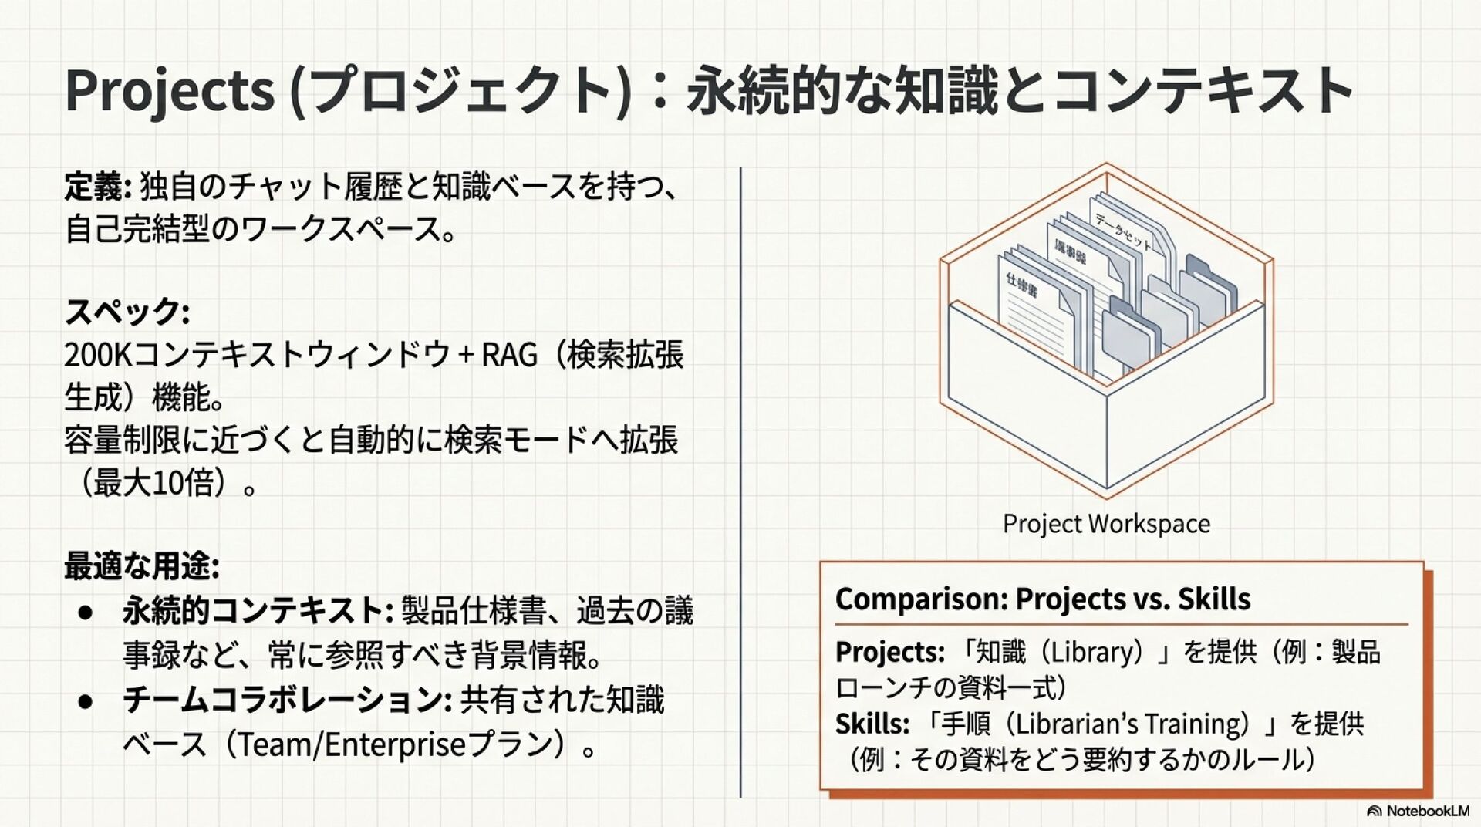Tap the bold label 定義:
99,187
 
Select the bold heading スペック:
127,312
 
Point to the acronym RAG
509,356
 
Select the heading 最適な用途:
142,566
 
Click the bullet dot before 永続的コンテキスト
86,613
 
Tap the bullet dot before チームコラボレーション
86,701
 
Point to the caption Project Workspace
1106,524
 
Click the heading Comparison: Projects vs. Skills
1042,599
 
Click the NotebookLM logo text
1427,811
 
